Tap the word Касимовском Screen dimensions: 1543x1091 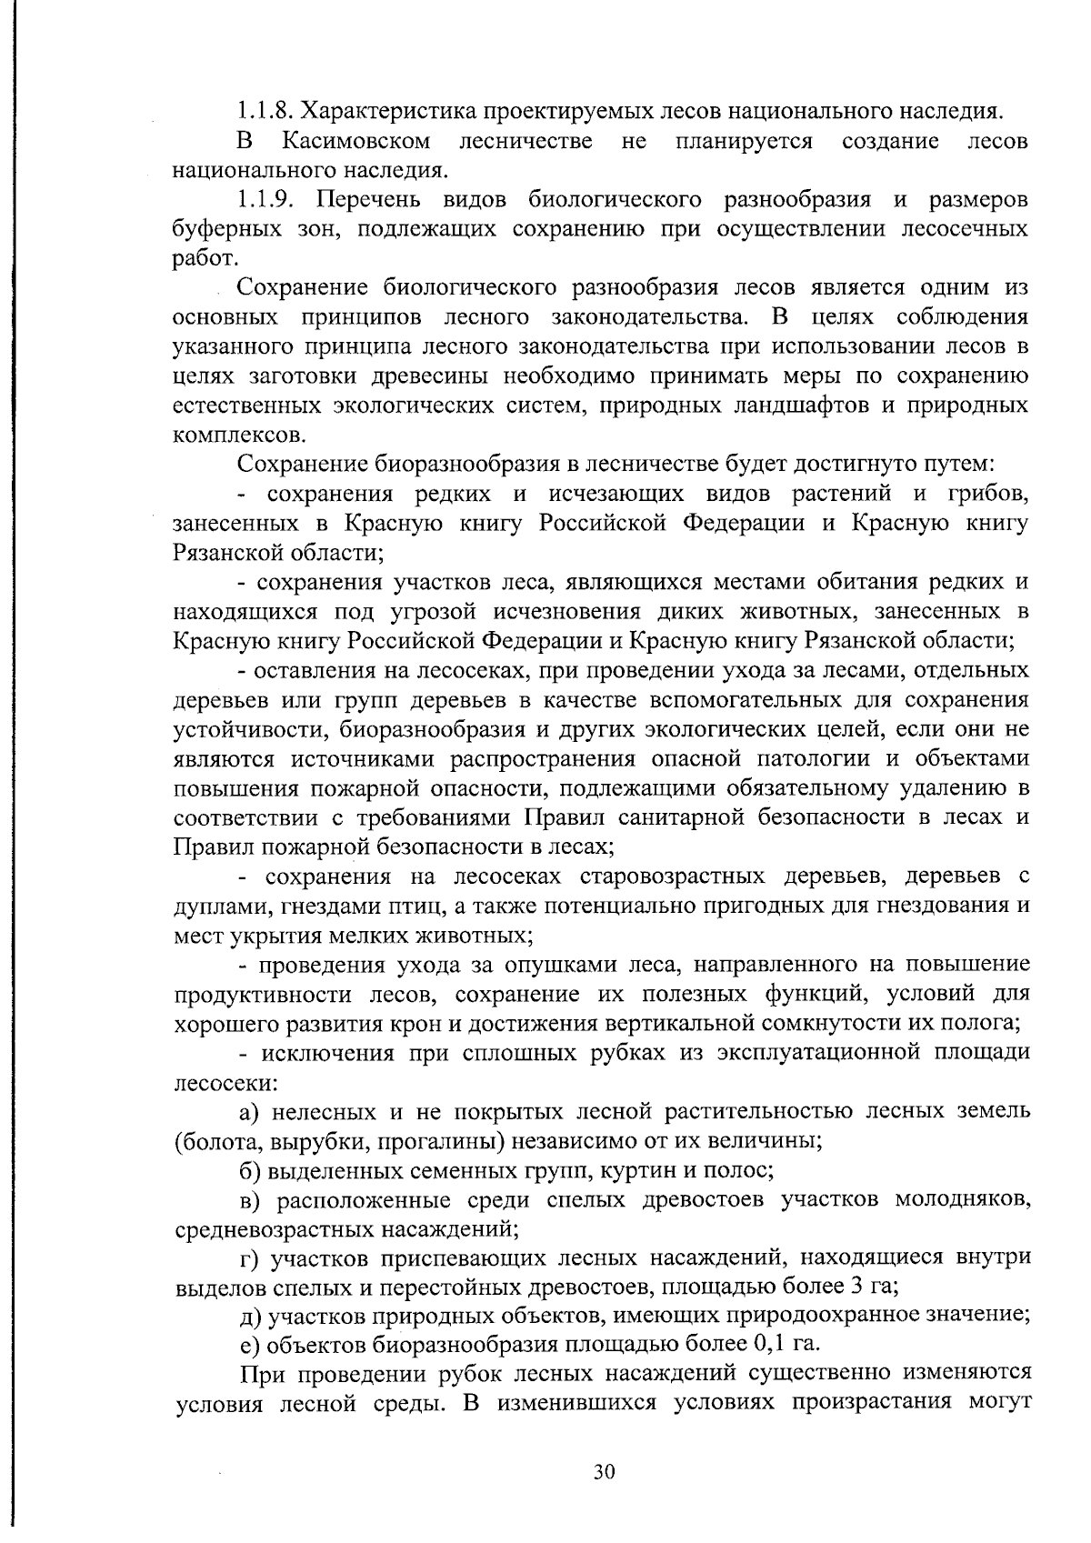(355, 142)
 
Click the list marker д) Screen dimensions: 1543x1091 (249, 1316)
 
